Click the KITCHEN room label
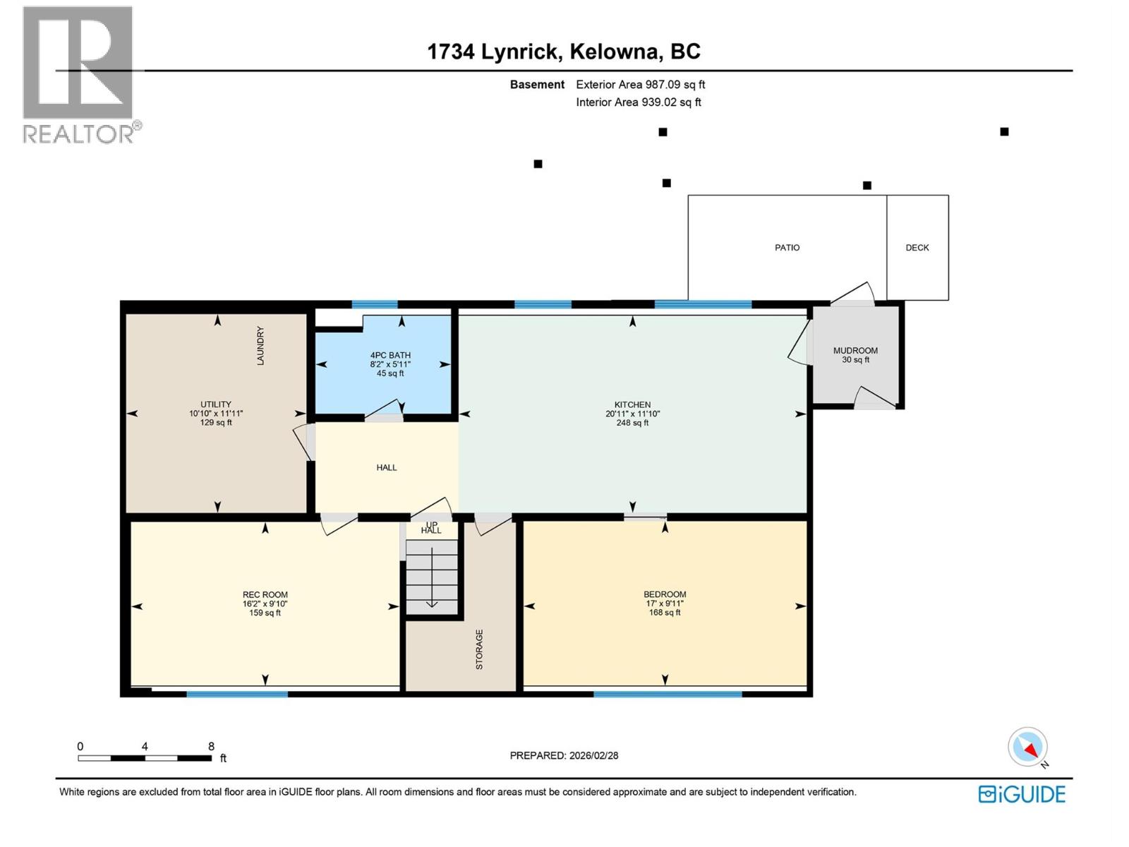pyautogui.click(x=632, y=405)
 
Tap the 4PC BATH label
pyautogui.click(x=390, y=356)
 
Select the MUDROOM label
pyautogui.click(x=855, y=351)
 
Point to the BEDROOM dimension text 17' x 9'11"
pyautogui.click(x=665, y=603)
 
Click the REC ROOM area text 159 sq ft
pyautogui.click(x=265, y=613)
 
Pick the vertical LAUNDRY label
pyautogui.click(x=260, y=345)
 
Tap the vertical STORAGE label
pyautogui.click(x=479, y=649)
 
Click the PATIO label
pyautogui.click(x=787, y=248)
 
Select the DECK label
pyautogui.click(x=917, y=248)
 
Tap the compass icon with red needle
pyautogui.click(x=1028, y=747)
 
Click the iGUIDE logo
pyautogui.click(x=1022, y=794)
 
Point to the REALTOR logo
pyautogui.click(x=79, y=74)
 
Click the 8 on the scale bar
pyautogui.click(x=211, y=746)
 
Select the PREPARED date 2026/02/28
pyautogui.click(x=593, y=755)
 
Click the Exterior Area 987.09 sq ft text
pyautogui.click(x=641, y=85)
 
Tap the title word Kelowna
pyautogui.click(x=616, y=52)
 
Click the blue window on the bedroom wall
pyautogui.click(x=668, y=695)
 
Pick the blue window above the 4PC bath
pyautogui.click(x=375, y=305)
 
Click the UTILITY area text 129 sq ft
pyautogui.click(x=216, y=423)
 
